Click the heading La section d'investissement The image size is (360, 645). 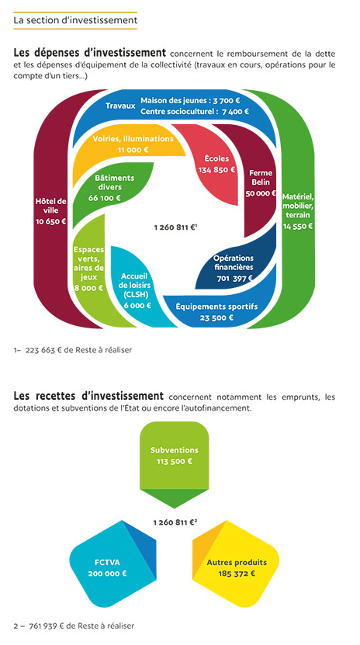coord(75,20)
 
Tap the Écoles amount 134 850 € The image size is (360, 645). coord(216,169)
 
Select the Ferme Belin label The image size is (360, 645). coord(261,178)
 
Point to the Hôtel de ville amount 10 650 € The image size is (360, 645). coord(51,221)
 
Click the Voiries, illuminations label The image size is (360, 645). coord(133,139)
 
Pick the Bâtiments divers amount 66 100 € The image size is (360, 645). coord(105,198)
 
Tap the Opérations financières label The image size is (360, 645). coord(234,263)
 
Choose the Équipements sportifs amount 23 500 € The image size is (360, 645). coord(216,317)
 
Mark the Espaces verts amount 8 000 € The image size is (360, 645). coord(88,288)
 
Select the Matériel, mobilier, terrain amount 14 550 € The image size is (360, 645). coord(297,226)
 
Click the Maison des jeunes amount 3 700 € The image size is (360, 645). coord(226,100)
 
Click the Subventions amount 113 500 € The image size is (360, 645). coord(175,461)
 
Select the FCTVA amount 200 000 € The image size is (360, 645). coord(107,574)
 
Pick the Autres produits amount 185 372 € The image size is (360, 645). coord(237,574)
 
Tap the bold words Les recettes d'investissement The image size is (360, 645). coord(88,396)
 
